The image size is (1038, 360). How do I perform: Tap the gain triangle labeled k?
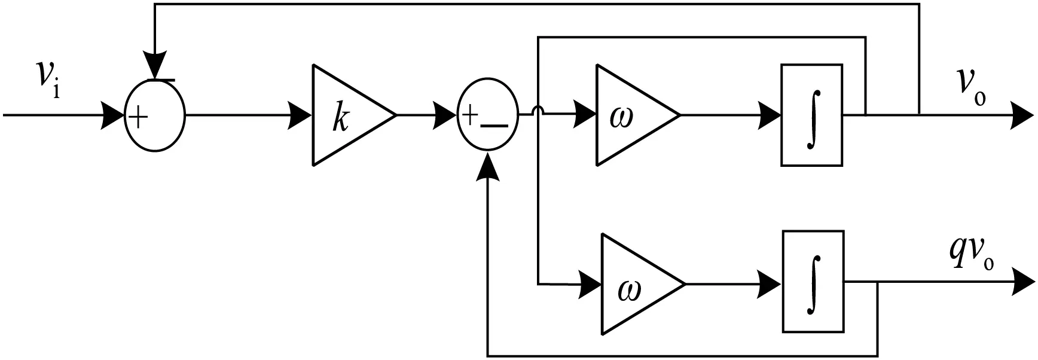tap(347, 115)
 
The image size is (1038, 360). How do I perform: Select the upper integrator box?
tap(811, 115)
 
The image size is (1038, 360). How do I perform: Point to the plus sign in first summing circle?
tap(138, 118)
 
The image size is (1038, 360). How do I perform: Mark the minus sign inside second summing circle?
tap(494, 126)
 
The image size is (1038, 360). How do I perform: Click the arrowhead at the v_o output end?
tap(1022, 115)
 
